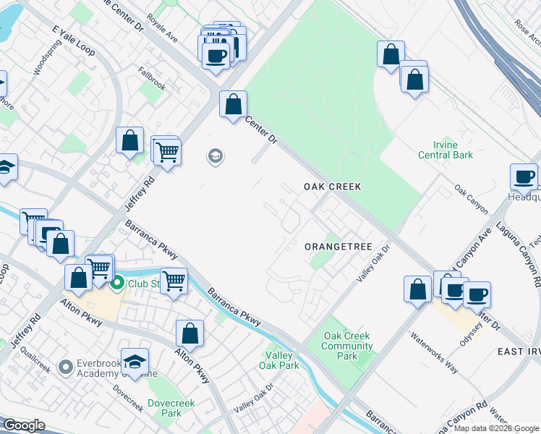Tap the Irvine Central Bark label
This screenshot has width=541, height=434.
[x=446, y=150]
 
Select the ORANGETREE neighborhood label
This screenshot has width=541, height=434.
[x=338, y=247]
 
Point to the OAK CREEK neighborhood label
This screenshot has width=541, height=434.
[x=332, y=187]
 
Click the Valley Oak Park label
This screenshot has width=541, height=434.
[x=279, y=360]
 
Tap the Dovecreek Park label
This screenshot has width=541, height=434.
[x=164, y=408]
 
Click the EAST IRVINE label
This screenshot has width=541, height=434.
[x=519, y=351]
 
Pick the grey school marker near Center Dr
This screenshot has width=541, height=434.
[x=215, y=156]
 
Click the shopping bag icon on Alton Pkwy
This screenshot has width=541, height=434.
[x=189, y=333]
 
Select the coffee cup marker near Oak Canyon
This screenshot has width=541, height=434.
[x=524, y=176]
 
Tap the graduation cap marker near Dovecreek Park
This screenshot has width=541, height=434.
[x=135, y=362]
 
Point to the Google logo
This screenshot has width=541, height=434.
[x=24, y=425]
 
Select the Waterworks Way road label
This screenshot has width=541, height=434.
[x=435, y=352]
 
